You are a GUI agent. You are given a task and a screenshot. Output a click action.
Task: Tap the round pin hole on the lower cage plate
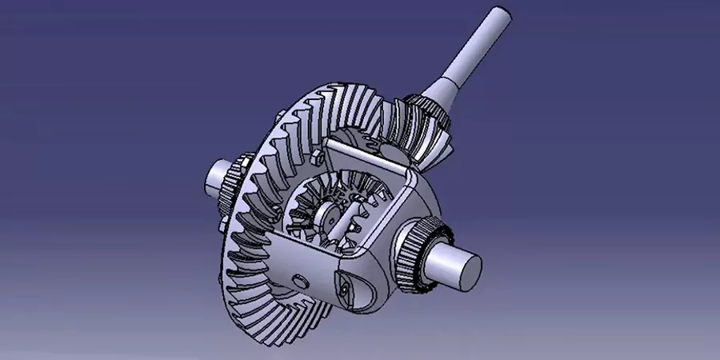298,278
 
